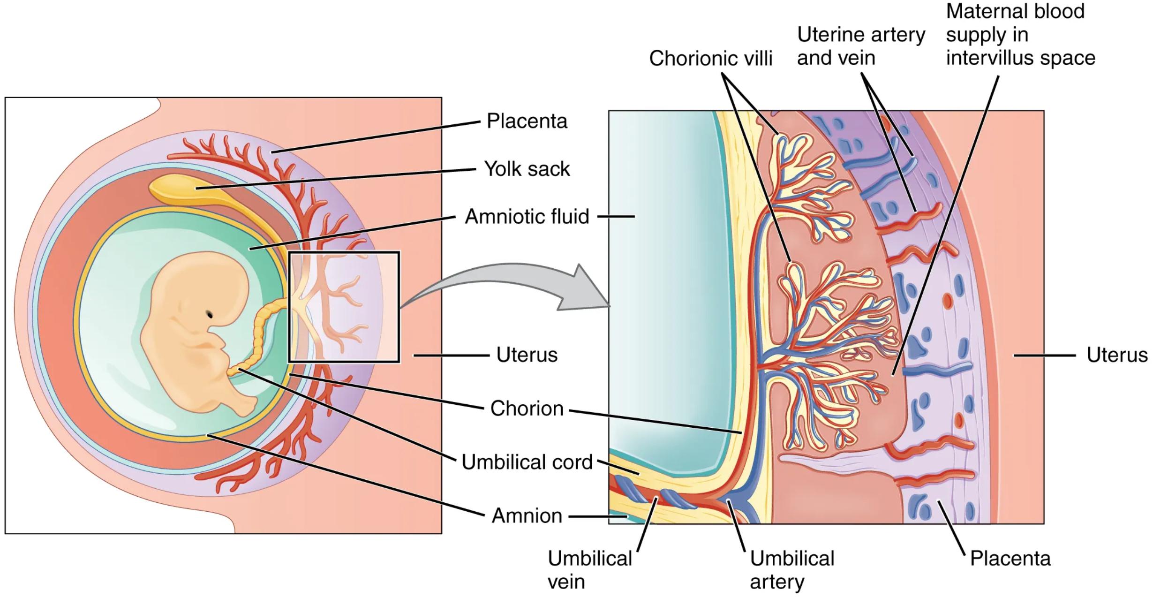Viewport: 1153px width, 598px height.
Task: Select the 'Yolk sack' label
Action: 527,169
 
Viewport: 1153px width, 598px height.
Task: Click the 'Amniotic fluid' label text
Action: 527,217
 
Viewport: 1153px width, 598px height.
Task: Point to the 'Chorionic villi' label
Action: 710,59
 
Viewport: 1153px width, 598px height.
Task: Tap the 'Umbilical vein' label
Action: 589,570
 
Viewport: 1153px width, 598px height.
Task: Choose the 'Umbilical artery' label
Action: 792,570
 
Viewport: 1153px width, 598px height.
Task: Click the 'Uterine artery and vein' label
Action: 861,46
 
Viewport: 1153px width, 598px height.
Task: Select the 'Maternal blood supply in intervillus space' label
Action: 1020,35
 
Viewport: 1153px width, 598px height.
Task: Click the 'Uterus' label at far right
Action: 1116,355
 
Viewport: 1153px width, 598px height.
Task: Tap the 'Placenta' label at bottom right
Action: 1010,558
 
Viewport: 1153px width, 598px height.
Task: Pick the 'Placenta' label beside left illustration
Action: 527,121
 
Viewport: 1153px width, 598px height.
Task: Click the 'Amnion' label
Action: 527,516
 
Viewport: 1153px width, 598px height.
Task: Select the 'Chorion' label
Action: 527,409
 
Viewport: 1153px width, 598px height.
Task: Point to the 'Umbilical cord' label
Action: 527,462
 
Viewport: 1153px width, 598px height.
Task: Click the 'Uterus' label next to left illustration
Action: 527,355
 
